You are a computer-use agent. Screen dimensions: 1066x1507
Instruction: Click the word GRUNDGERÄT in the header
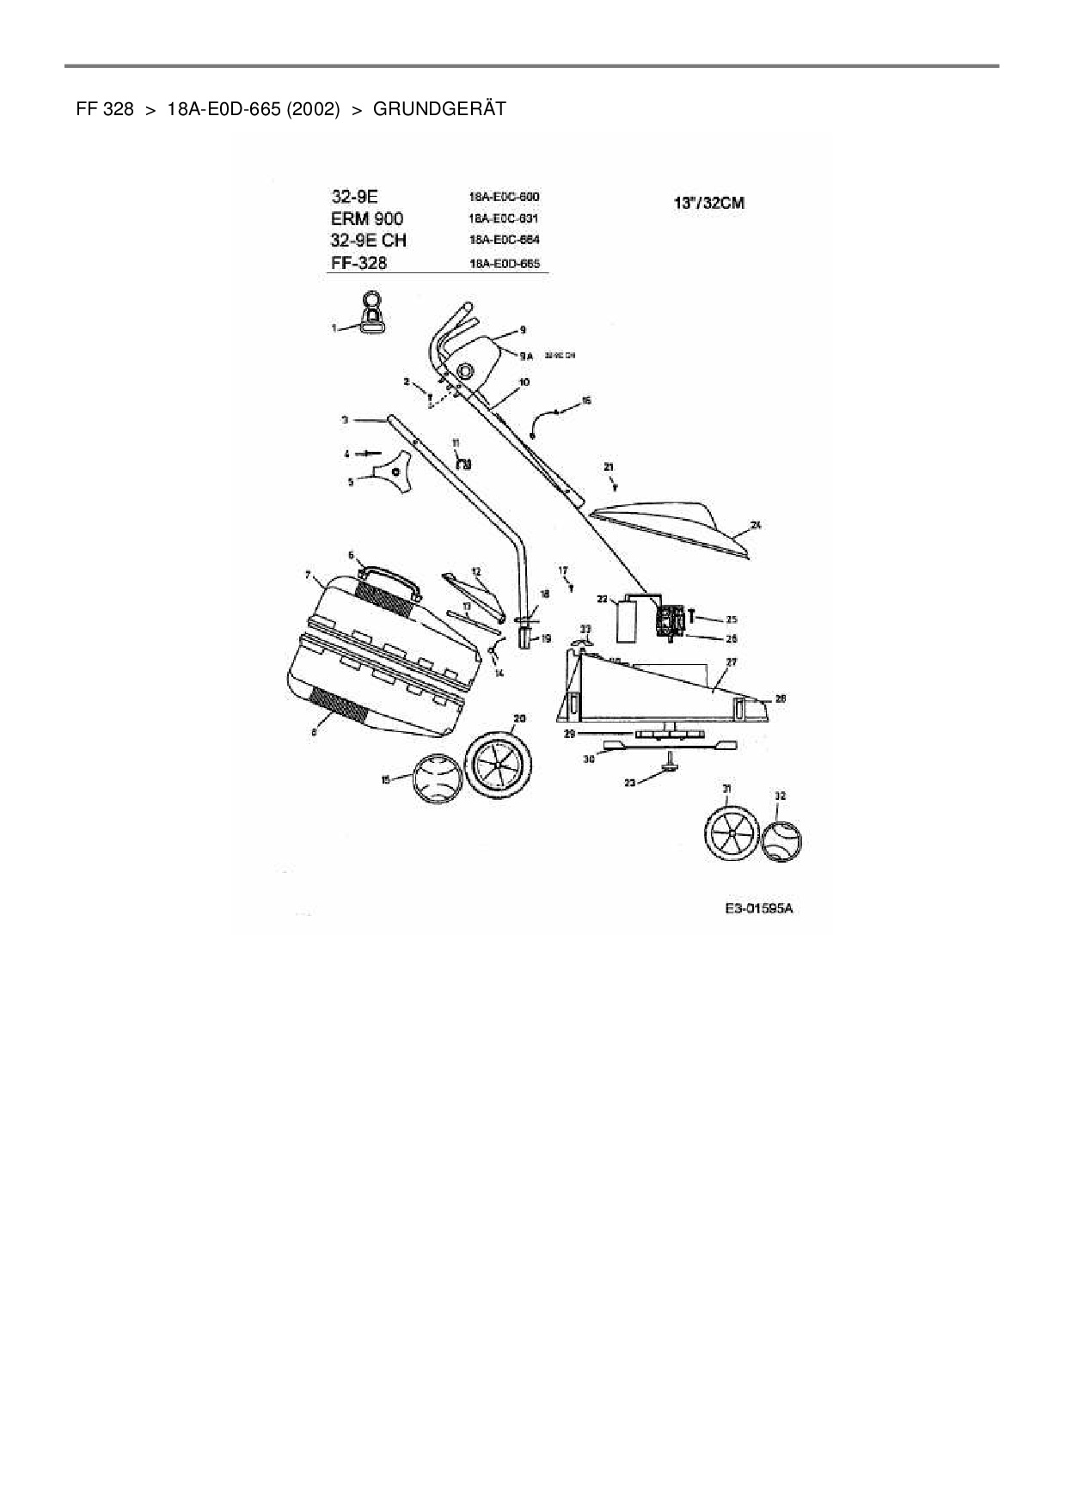point(439,109)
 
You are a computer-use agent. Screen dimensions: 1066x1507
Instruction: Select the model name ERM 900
point(366,218)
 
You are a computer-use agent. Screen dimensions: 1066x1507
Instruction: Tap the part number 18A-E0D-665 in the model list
point(505,264)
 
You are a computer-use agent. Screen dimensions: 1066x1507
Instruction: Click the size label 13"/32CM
point(708,204)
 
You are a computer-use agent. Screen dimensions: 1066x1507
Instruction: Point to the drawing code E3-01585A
point(757,908)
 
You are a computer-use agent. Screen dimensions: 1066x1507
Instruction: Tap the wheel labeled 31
point(732,833)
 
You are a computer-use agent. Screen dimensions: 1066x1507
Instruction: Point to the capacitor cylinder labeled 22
point(626,620)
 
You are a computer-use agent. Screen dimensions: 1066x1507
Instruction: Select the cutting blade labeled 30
point(671,744)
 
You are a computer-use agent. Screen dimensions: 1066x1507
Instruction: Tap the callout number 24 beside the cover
point(756,524)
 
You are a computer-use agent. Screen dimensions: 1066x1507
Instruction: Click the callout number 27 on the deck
point(732,662)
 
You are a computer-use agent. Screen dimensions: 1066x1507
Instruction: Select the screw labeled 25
point(693,619)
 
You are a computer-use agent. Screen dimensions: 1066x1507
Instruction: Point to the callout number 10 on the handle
point(524,381)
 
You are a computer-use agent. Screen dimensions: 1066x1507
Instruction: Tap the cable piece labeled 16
point(546,419)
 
